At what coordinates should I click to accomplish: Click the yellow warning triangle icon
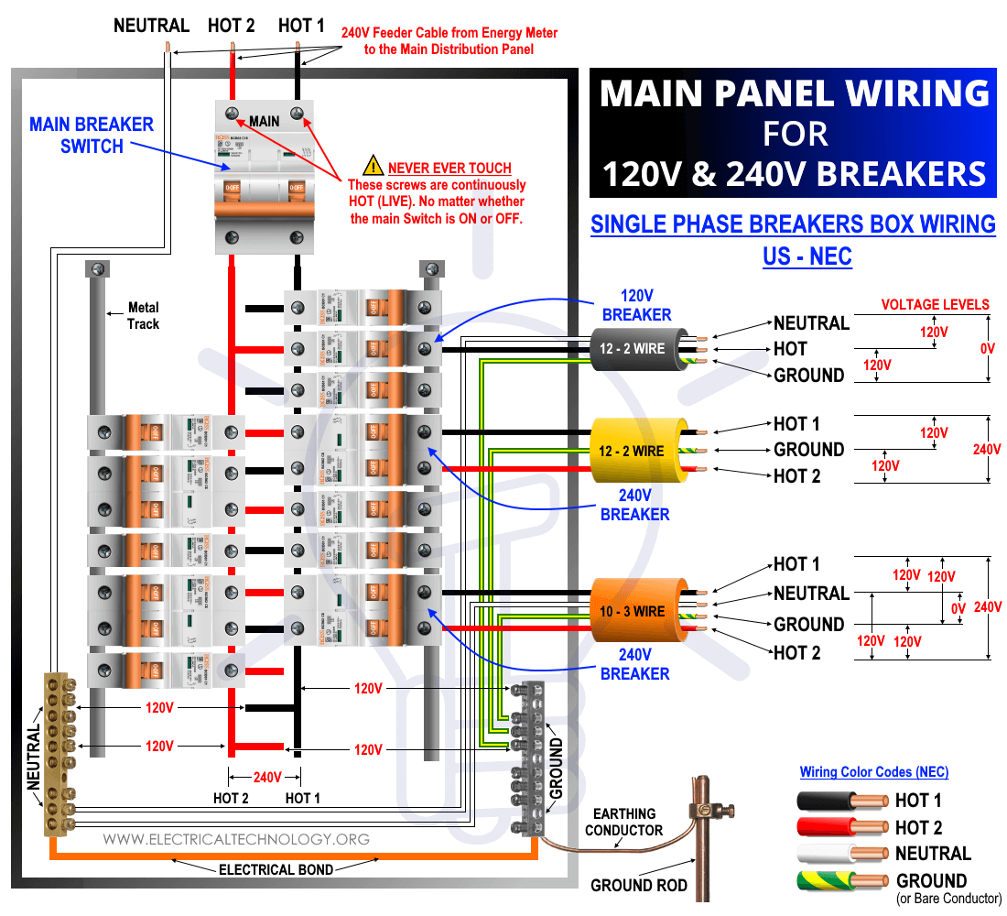click(374, 167)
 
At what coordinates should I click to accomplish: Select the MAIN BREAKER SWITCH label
click(92, 135)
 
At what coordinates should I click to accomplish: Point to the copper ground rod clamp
click(704, 809)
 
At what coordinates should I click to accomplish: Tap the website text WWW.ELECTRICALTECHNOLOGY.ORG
click(236, 839)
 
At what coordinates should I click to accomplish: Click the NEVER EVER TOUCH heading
click(449, 168)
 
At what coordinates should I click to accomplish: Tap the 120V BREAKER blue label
click(636, 305)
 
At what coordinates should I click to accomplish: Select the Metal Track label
click(143, 316)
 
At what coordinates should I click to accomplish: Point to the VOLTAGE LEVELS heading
click(935, 304)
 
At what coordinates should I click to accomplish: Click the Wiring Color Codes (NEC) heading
click(873, 771)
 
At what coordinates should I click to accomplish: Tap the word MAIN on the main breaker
click(264, 121)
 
